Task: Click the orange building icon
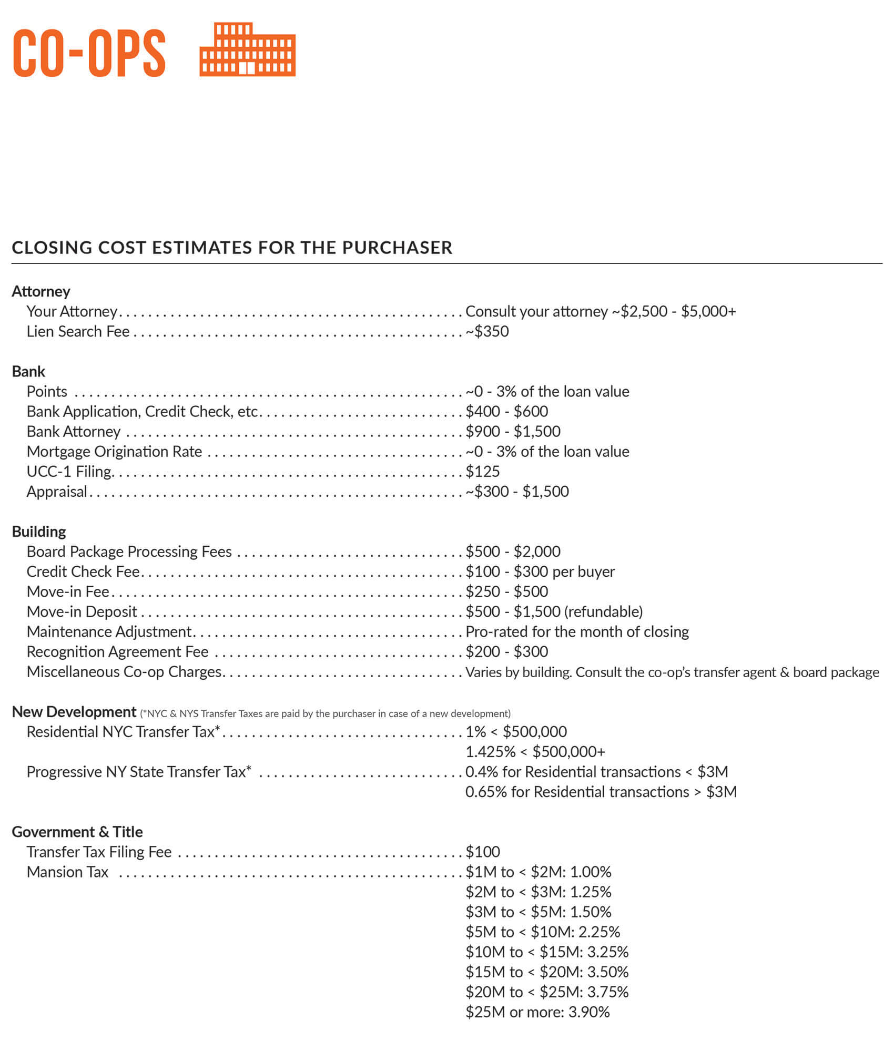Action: coord(247,49)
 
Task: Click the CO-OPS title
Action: coord(89,53)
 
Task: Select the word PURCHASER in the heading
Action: coord(397,248)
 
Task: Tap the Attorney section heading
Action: coord(41,291)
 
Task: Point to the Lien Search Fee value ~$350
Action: coord(487,331)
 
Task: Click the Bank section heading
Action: coord(28,371)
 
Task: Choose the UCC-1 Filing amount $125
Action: coord(482,471)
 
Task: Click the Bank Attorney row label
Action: coord(74,431)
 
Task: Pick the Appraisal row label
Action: coord(57,492)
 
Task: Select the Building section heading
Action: coord(39,532)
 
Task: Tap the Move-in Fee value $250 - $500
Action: coord(506,591)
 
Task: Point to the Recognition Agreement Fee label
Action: coord(117,651)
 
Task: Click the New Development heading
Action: coord(74,712)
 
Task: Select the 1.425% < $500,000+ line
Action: coord(535,752)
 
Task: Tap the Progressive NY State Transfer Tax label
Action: coord(139,772)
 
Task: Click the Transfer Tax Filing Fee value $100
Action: coord(482,852)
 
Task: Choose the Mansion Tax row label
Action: coord(67,872)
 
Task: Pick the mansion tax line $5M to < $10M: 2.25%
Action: coord(542,932)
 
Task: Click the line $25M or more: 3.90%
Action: coord(537,1012)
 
